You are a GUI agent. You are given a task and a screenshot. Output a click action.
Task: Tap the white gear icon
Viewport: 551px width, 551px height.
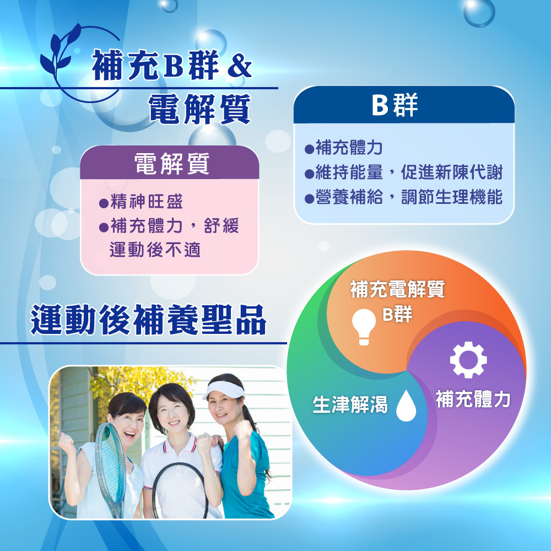(x=468, y=360)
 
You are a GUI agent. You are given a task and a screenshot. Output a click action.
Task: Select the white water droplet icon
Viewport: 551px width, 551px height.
(x=406, y=406)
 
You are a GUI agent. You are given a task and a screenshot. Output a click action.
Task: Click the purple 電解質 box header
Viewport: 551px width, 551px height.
(x=170, y=163)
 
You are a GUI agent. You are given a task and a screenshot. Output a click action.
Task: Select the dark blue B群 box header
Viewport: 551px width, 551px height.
(x=404, y=105)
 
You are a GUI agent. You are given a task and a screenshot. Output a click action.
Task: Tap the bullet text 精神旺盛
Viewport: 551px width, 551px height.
(x=147, y=202)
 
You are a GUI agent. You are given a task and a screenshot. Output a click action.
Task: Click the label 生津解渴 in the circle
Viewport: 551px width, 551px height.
(x=350, y=404)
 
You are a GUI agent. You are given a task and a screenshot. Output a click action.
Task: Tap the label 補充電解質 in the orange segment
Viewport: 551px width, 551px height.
(x=397, y=289)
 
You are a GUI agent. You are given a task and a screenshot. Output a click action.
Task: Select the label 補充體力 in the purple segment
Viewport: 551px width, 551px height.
(x=473, y=399)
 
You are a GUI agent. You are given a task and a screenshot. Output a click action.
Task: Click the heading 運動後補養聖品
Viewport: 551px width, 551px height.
(x=148, y=320)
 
